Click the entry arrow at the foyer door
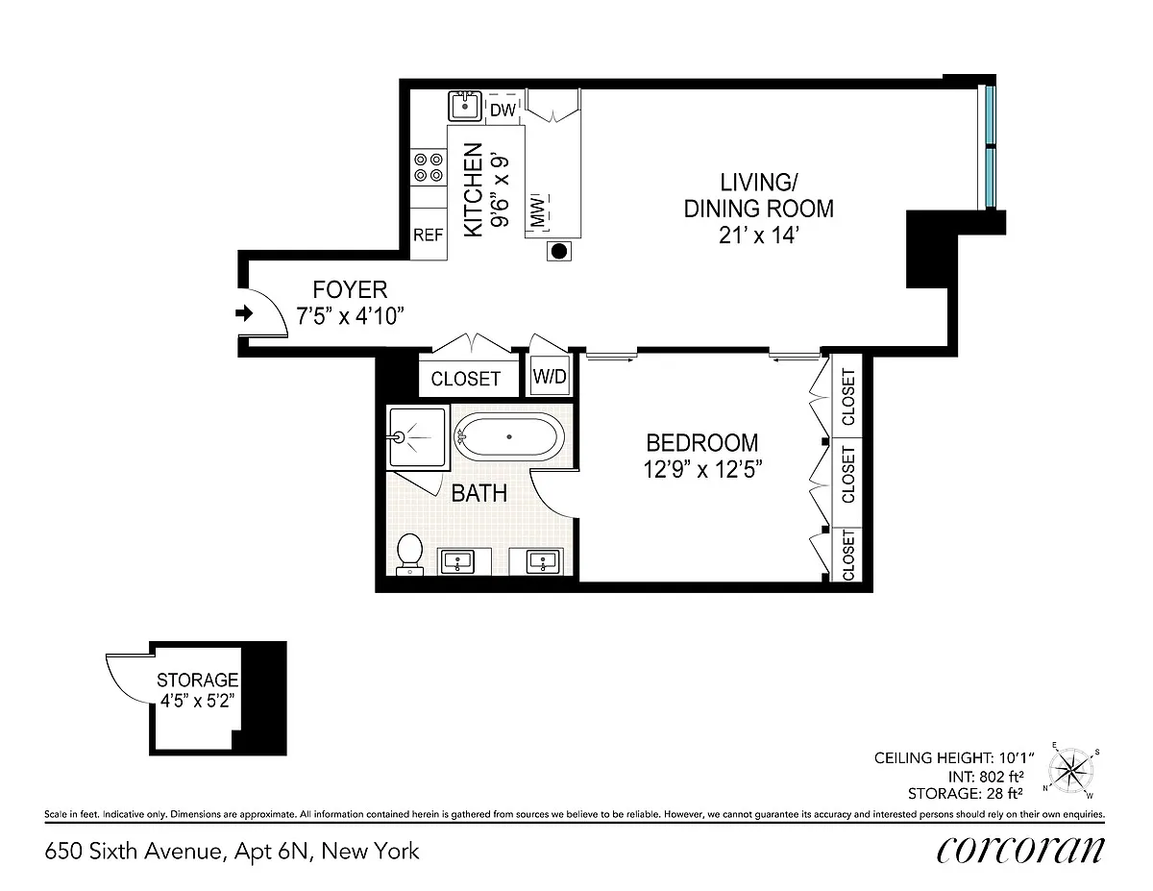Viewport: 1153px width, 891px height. coord(244,313)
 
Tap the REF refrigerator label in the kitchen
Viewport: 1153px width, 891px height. coord(429,235)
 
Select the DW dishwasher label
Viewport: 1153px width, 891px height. coord(503,110)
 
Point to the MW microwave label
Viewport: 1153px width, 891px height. coord(537,210)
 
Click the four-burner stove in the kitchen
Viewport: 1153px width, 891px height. coord(429,167)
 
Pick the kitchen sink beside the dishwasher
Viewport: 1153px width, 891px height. coord(465,106)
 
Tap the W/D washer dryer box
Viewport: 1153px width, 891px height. coord(550,376)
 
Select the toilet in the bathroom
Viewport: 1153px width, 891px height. coord(409,554)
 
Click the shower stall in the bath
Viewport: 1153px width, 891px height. coord(418,437)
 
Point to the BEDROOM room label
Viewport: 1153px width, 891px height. coord(702,443)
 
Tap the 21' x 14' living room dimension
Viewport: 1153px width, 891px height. coord(759,235)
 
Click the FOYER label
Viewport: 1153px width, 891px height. coord(350,289)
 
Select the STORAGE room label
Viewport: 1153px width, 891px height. coord(197,680)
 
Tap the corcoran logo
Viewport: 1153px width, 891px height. coord(1020,850)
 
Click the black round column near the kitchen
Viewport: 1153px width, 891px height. coord(559,251)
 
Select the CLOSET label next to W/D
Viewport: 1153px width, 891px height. coord(465,379)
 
